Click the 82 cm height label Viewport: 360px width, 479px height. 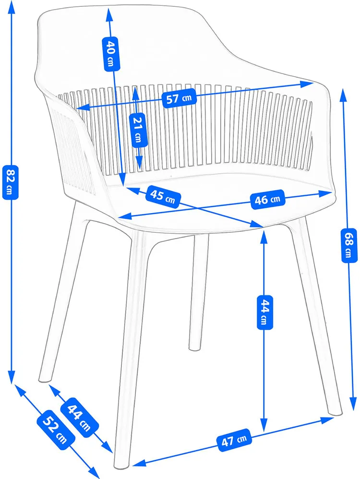coord(10,182)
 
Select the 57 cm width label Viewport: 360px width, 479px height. coord(179,98)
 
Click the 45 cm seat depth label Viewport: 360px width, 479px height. coord(163,197)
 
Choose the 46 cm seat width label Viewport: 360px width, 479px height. coord(267,200)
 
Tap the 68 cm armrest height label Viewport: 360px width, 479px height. coord(348,245)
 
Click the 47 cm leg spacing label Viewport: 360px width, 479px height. coord(234,440)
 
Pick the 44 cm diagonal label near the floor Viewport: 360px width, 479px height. coord(80,417)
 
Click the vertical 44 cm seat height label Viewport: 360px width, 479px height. coord(264,312)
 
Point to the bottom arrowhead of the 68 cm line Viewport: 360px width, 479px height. coord(353,404)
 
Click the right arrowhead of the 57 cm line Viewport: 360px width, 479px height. coord(307,84)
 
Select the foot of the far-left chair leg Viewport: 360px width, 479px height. coord(45,379)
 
